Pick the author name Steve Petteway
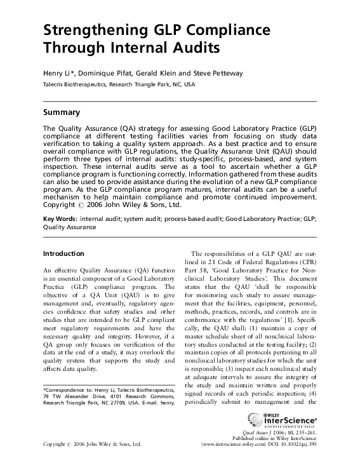click(216, 74)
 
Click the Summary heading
click(61, 112)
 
